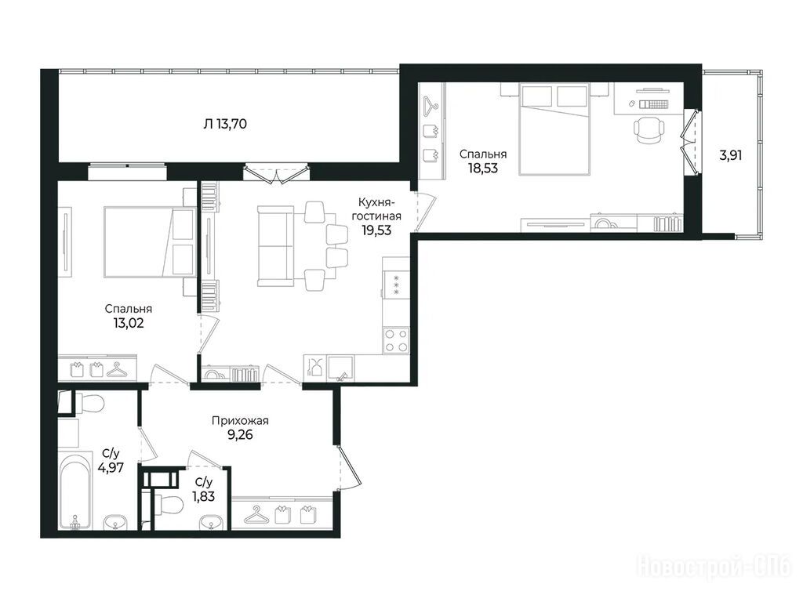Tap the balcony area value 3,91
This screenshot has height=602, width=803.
point(730,156)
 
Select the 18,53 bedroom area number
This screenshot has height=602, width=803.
point(483,168)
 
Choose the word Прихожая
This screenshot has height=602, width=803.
point(240,421)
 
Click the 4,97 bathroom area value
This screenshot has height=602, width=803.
point(110,467)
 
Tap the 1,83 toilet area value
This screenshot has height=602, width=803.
point(203,495)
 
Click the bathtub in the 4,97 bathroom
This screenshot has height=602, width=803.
point(75,491)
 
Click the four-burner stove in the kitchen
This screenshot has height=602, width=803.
point(396,340)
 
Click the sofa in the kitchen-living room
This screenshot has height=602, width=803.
point(275,246)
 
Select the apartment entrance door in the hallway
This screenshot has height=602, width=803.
point(348,467)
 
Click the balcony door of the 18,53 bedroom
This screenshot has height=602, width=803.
point(689,141)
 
